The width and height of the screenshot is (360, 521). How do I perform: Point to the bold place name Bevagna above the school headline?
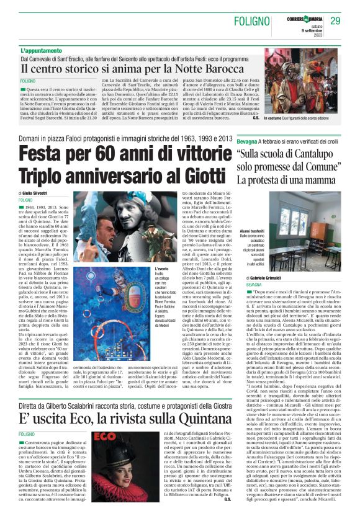(x=249, y=142)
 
